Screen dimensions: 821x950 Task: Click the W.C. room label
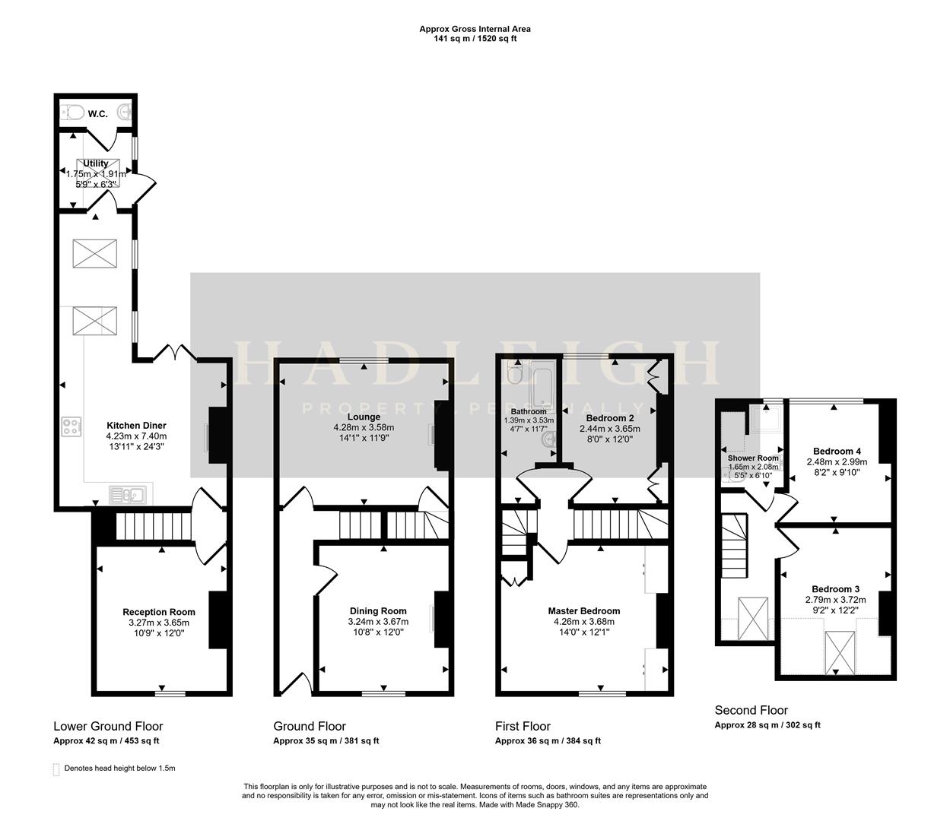click(97, 114)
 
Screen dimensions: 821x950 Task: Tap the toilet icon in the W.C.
click(73, 113)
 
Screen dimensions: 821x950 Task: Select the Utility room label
click(96, 163)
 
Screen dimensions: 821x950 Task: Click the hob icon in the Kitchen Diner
click(71, 427)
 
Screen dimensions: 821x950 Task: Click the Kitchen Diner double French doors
click(175, 352)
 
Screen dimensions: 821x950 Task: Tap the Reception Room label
click(159, 612)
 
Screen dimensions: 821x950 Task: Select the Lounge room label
click(364, 417)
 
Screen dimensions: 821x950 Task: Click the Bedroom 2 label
click(610, 418)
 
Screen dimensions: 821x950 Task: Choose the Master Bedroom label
click(583, 610)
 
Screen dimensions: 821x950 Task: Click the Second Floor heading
click(751, 710)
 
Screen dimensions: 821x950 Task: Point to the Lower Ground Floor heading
click(108, 726)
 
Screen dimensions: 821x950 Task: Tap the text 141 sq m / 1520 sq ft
click(475, 39)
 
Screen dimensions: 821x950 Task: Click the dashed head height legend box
click(56, 769)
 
